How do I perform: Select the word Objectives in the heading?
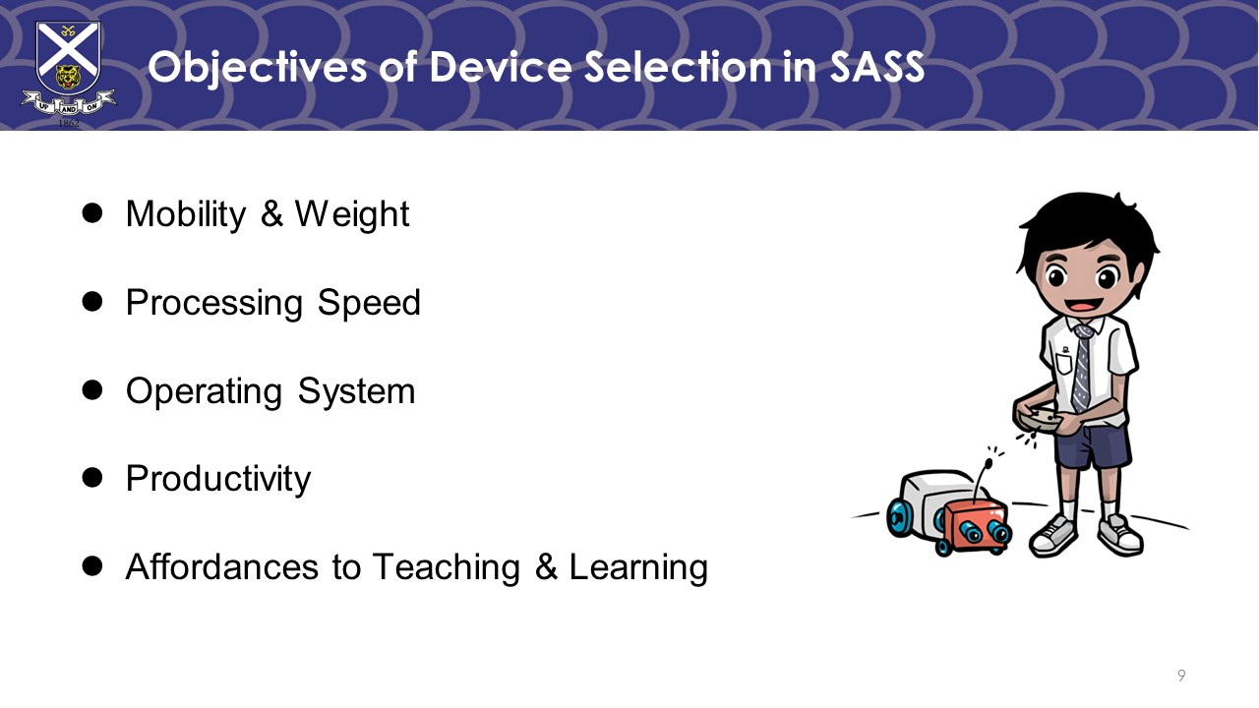(257, 69)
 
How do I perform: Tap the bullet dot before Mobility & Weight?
(92, 213)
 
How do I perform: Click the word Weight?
(352, 214)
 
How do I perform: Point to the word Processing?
(214, 303)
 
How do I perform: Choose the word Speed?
(369, 303)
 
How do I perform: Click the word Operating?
(204, 391)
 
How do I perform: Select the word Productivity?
(218, 479)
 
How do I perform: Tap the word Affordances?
(222, 566)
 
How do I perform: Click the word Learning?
(638, 567)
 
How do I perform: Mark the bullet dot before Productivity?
(92, 478)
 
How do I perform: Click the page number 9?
(1181, 675)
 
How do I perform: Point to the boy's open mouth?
(1083, 305)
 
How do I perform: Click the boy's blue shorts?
(1092, 446)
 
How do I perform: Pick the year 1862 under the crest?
(69, 123)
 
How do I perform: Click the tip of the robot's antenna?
(989, 462)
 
